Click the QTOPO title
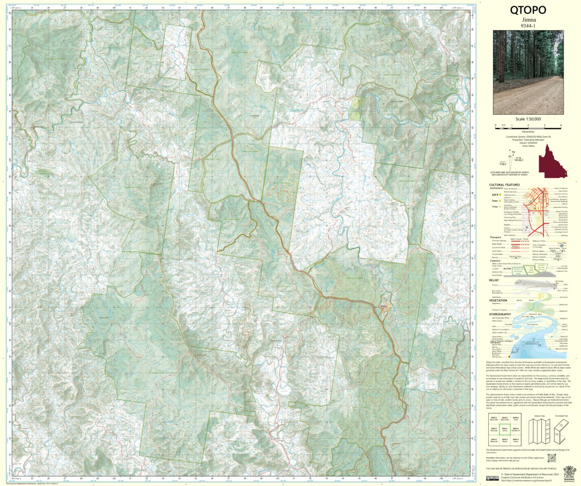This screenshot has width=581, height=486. coord(528,11)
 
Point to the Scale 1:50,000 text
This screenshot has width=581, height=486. coord(528,119)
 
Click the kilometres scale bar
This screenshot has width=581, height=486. coord(528,125)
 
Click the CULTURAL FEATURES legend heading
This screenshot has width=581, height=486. coord(505,185)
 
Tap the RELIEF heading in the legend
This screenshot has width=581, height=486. coord(493,280)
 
